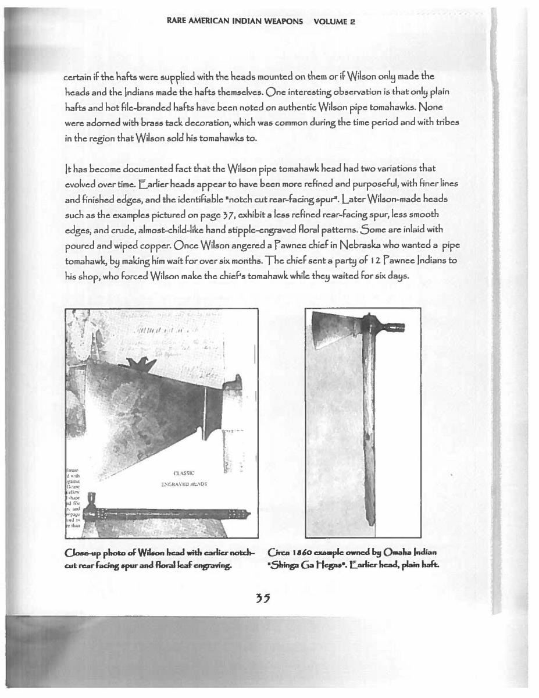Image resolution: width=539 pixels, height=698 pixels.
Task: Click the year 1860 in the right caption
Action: (x=299, y=551)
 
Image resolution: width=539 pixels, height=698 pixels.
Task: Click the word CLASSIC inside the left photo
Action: (x=184, y=473)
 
